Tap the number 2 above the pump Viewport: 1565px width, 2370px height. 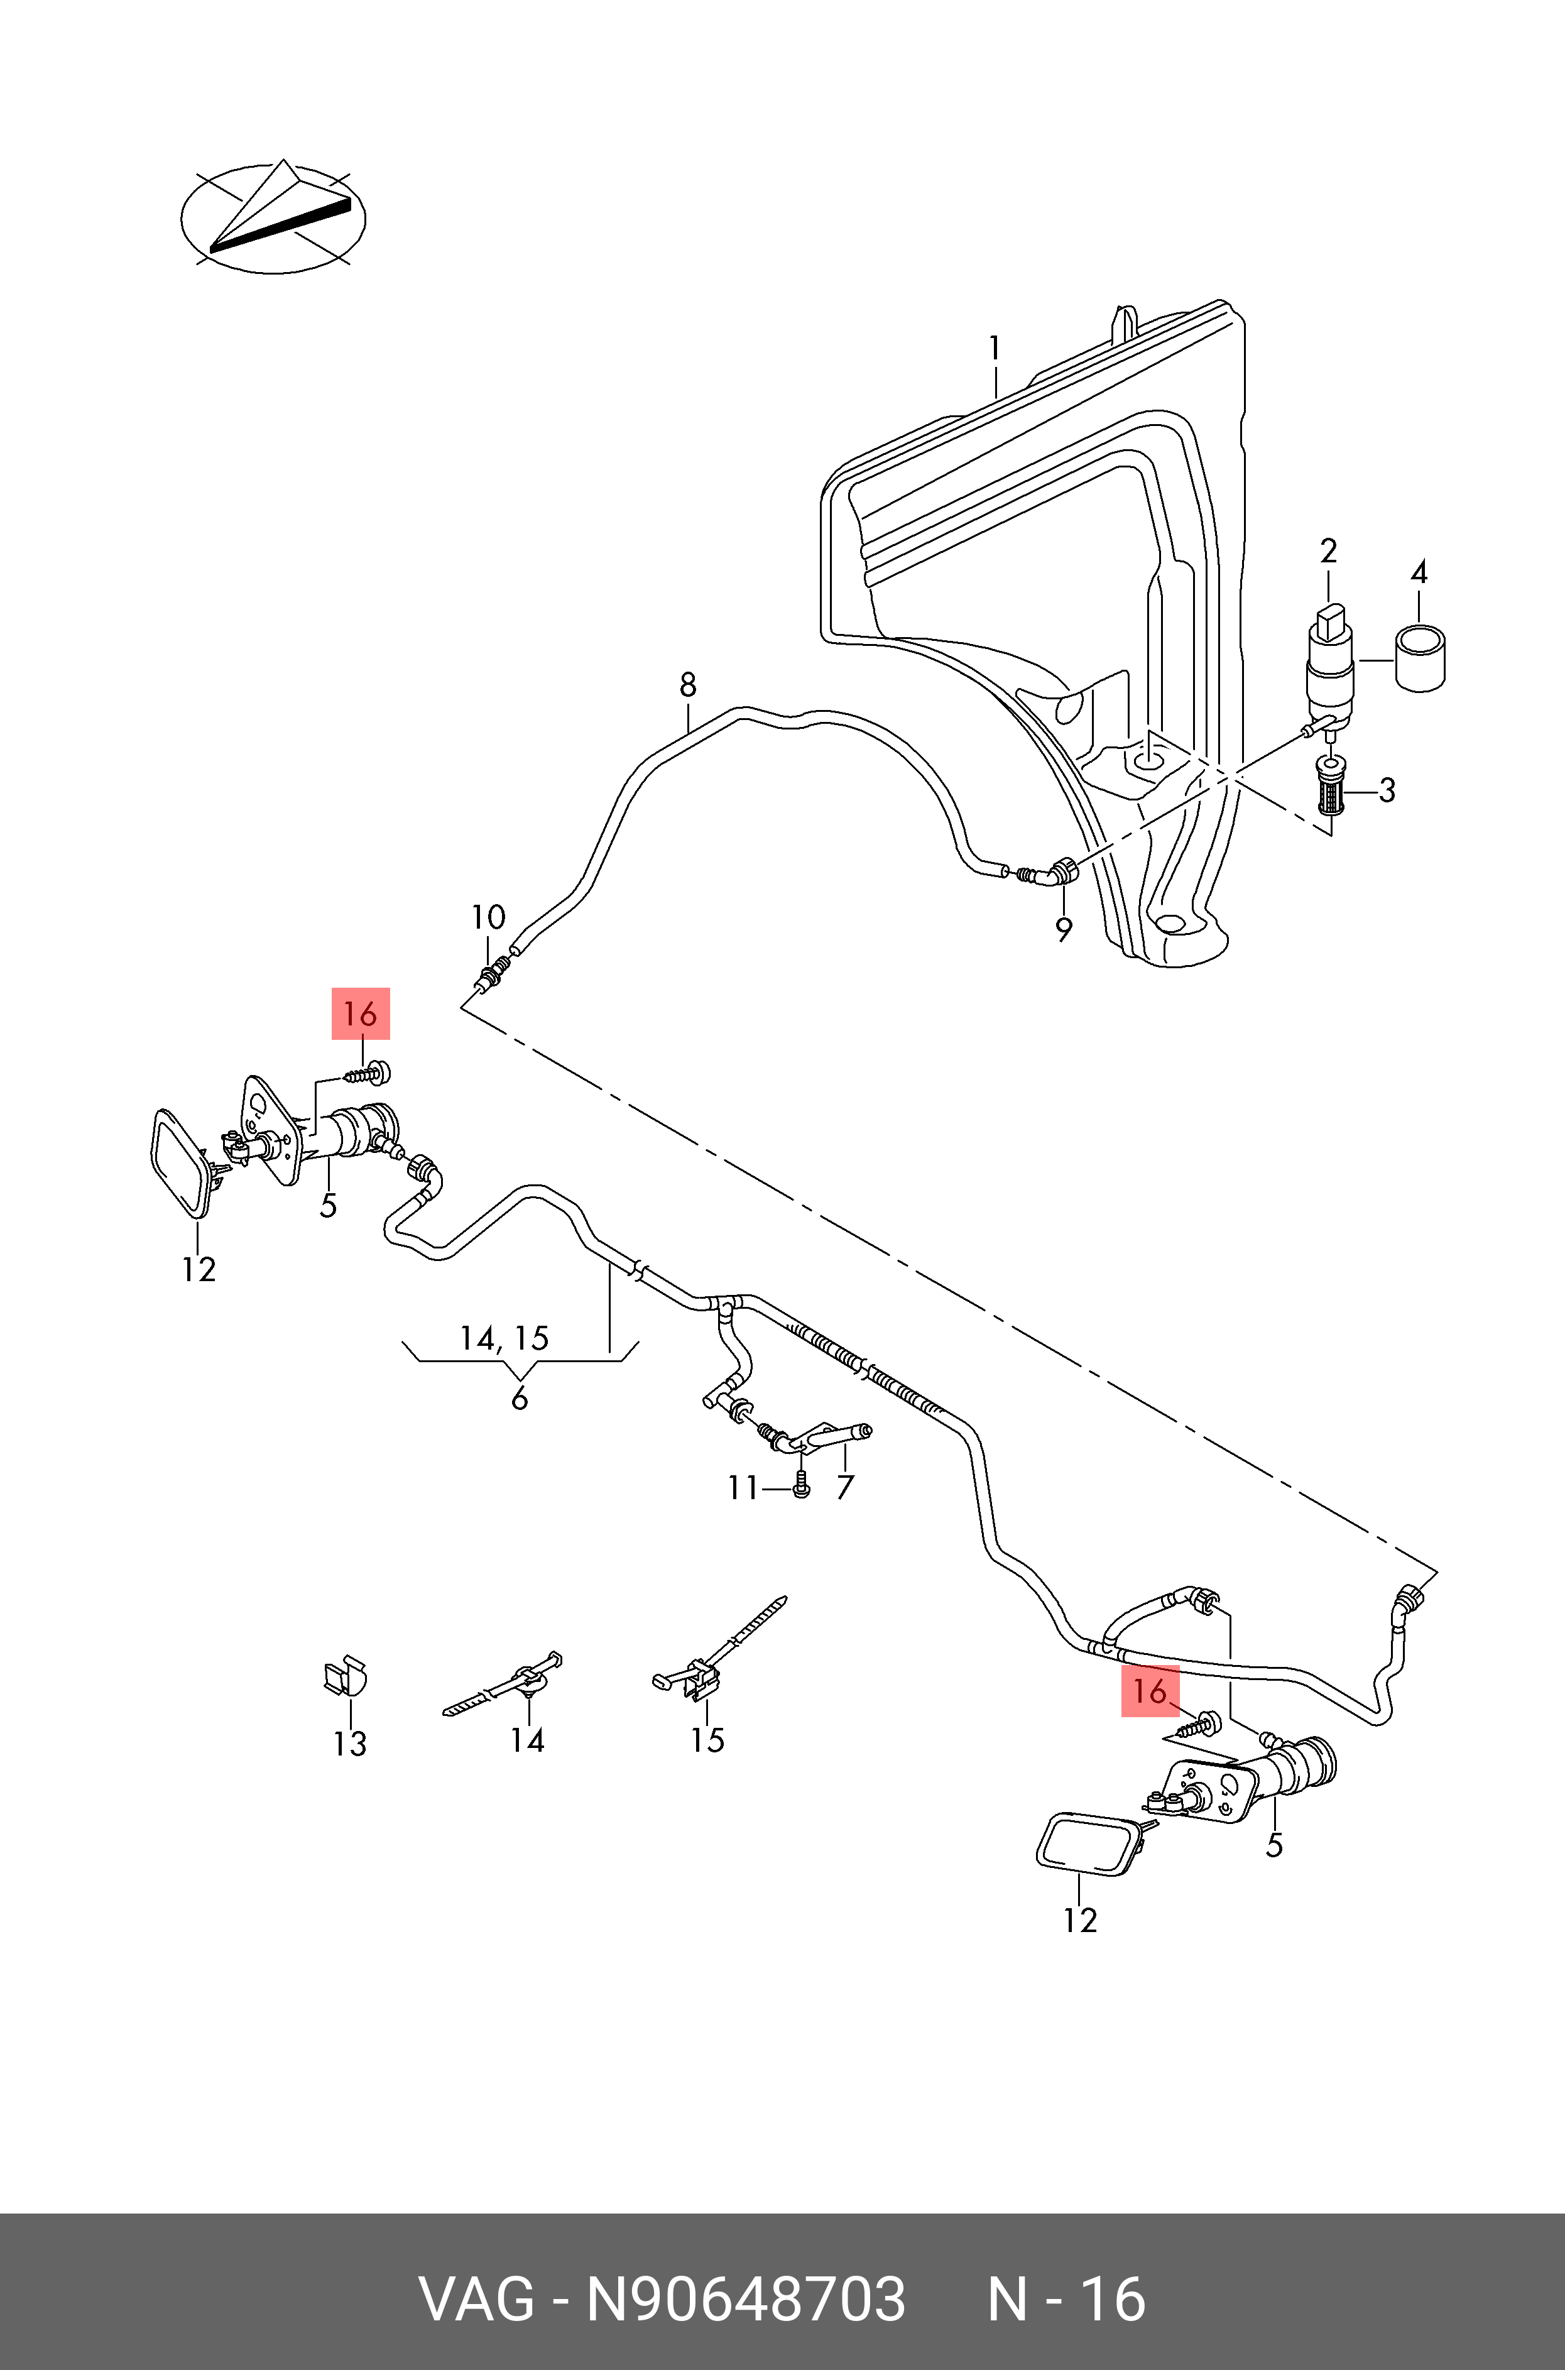(x=1328, y=551)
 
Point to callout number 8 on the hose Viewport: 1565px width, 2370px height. (x=688, y=685)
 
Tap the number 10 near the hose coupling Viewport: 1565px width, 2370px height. (x=488, y=916)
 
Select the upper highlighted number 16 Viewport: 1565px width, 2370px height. (x=361, y=1014)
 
